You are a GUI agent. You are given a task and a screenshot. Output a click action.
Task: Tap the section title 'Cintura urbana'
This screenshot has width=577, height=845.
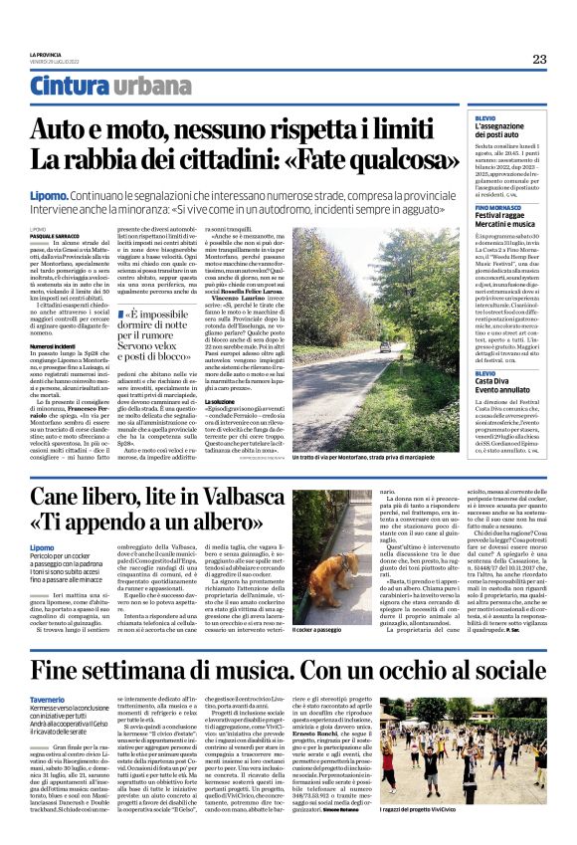coord(96,87)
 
